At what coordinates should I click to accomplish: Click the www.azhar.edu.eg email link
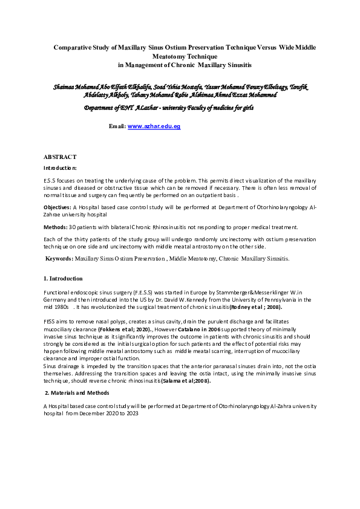pos(154,126)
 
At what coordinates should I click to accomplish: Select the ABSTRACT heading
pos(60,157)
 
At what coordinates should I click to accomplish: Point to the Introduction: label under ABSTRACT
pos(60,167)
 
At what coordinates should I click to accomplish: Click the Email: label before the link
pos(117,126)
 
